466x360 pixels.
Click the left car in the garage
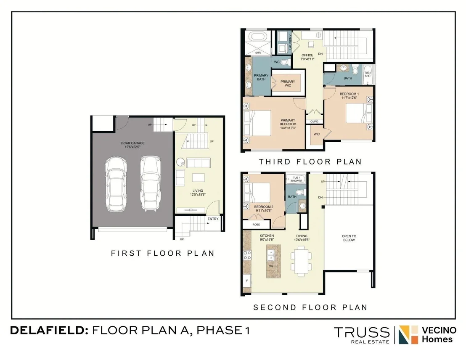116,184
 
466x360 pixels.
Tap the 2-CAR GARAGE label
132,143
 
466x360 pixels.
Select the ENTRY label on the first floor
213,219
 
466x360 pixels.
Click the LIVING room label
198,191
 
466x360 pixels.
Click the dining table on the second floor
302,262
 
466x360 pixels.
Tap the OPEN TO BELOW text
349,238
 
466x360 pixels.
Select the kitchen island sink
271,255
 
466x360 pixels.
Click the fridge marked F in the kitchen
247,281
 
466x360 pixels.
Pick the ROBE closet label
256,225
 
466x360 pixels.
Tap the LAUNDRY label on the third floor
290,42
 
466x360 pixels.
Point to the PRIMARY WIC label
288,84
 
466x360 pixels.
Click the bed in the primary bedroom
257,123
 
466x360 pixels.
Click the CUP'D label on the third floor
314,121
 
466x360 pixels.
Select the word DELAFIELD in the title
48,330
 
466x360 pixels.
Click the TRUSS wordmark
362,332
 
